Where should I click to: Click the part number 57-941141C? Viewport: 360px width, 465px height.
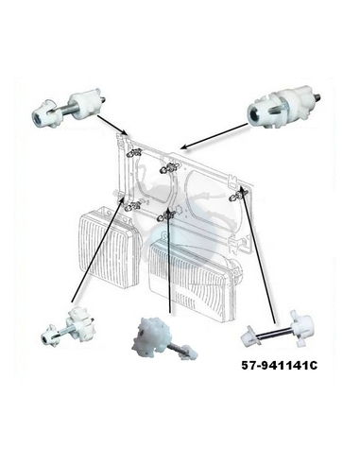point(280,366)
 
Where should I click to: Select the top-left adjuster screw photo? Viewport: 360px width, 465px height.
point(69,108)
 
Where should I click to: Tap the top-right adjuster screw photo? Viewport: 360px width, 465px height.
point(283,106)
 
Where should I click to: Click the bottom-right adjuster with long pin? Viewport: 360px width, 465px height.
point(277,335)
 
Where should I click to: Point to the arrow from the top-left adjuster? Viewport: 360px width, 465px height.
point(112,125)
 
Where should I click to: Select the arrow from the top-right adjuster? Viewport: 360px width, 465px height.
point(214,136)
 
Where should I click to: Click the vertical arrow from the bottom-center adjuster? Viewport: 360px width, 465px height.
point(169,261)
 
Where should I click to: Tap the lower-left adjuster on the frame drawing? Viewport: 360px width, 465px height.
point(133,207)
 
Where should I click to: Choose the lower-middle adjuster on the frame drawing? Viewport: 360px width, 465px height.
point(168,215)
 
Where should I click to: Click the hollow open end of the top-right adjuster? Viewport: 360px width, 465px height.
point(254,112)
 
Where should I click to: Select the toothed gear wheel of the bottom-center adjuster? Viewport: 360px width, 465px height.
point(148,335)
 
